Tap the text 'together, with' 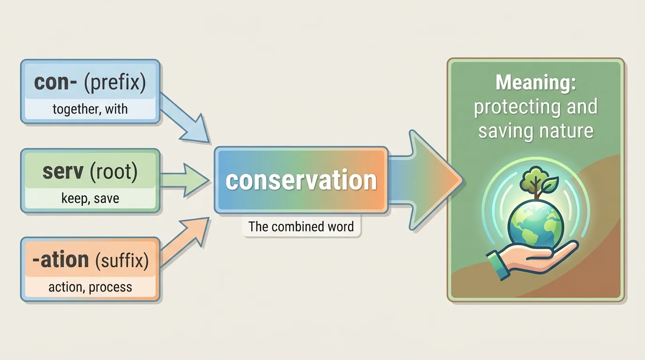90,110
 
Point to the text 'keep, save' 90,198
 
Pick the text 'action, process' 90,287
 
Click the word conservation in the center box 301,181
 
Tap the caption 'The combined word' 301,227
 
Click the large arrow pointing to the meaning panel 427,180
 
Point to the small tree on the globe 530,181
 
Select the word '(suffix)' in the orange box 122,260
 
